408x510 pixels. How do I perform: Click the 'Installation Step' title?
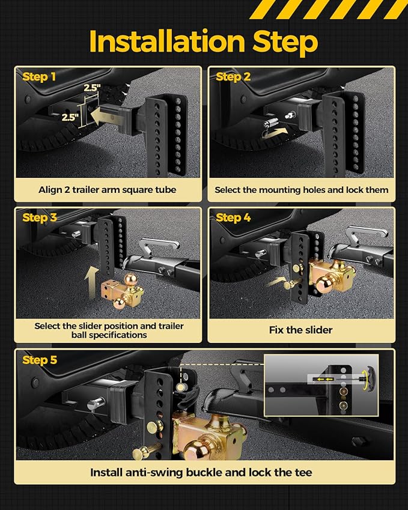coord(203,41)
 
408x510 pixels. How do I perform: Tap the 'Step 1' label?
coord(39,77)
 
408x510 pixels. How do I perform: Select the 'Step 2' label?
coord(233,77)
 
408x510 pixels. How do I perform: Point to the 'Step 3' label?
coord(39,217)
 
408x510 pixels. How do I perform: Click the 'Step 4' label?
coord(233,217)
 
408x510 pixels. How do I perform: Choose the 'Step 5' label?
coord(39,360)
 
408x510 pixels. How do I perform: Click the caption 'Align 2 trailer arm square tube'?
coord(108,190)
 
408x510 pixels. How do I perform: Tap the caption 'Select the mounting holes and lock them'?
coord(302,190)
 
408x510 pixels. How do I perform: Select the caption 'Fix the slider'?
coord(300,330)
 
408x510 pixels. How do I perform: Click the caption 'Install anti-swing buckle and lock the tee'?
coord(201,472)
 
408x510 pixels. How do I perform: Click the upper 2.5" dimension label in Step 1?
coord(92,88)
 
